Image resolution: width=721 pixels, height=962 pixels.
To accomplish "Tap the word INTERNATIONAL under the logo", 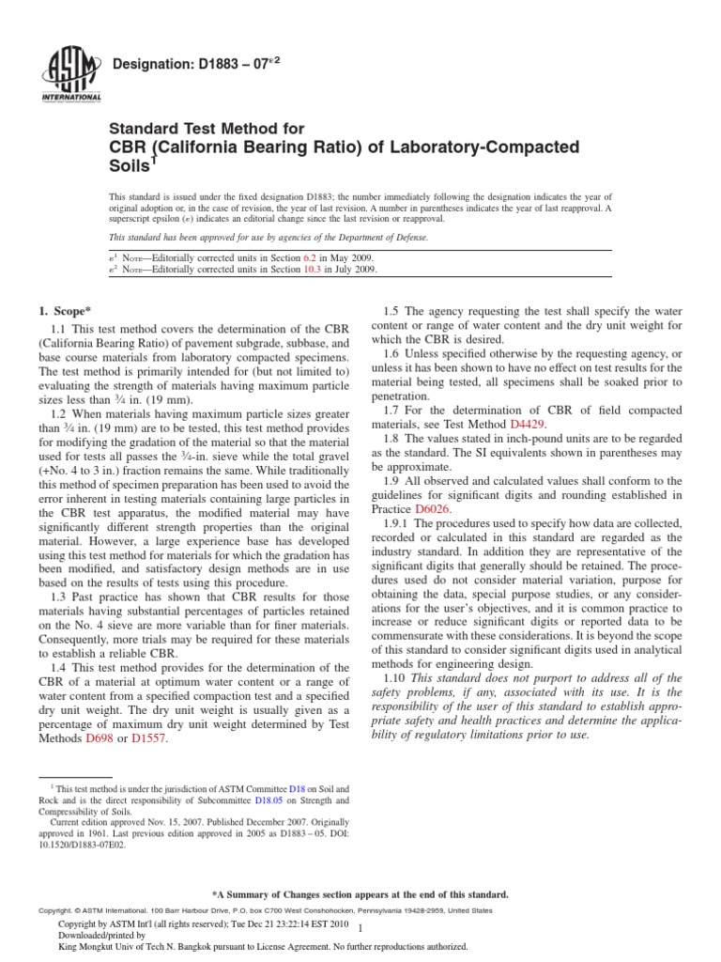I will [69, 97].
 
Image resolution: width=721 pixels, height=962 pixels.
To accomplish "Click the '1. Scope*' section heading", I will [66, 310].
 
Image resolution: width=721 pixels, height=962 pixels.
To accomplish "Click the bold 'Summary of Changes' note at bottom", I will [361, 894].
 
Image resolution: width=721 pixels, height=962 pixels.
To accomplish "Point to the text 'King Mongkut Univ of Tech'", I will [123, 947].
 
